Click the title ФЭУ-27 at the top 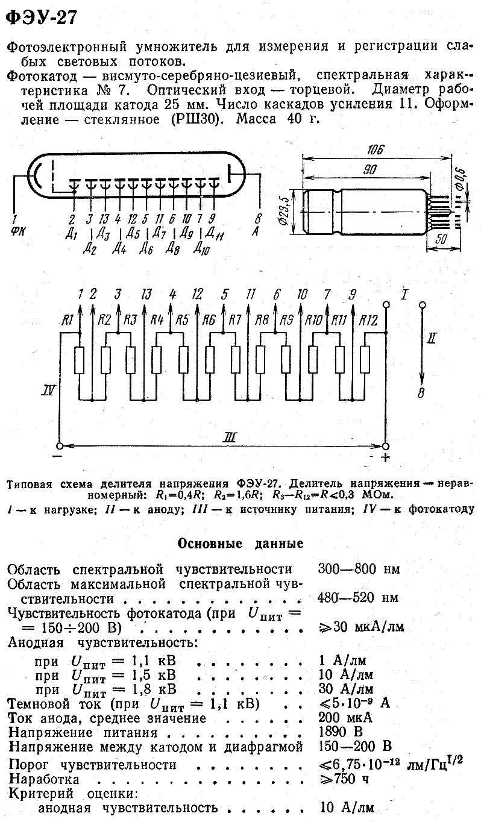point(42,17)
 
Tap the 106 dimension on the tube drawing point(375,149)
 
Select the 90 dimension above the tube point(369,170)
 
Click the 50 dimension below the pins point(441,239)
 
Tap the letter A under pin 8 point(256,231)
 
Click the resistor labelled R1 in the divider point(80,360)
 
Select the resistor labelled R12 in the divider point(365,360)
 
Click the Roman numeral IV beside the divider point(48,390)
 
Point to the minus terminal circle point(60,446)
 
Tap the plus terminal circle point(386,446)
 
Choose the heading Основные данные point(241,544)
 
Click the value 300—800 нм point(359,569)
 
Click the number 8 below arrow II point(421,394)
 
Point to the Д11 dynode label point(215,233)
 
